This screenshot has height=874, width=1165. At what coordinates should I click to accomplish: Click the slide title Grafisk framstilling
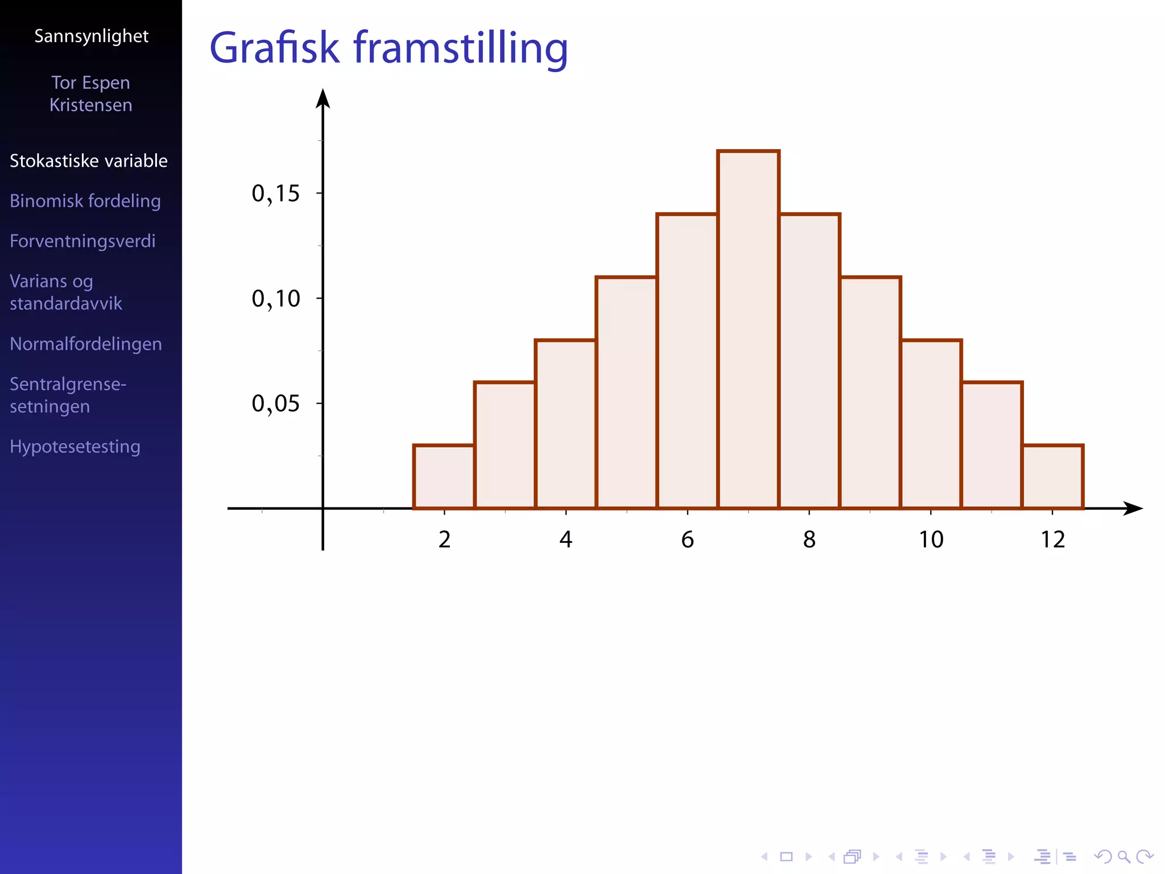point(389,48)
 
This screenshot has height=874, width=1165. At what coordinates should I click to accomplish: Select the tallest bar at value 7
point(748,330)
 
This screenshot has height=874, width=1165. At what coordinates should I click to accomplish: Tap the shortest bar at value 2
point(444,477)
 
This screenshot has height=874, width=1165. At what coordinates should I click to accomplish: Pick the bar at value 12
point(1052,477)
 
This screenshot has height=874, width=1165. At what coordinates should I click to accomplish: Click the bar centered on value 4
point(565,424)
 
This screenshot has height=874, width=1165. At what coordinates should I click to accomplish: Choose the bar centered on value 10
point(931,424)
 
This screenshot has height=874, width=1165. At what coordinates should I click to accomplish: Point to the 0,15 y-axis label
point(275,194)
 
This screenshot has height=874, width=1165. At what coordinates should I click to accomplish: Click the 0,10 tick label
point(275,299)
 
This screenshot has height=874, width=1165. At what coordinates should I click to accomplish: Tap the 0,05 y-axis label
point(275,404)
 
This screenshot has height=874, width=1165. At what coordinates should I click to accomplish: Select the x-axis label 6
point(687,539)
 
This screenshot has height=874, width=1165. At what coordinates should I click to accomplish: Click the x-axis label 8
point(809,539)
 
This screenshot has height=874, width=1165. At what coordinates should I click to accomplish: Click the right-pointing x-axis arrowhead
point(1133,508)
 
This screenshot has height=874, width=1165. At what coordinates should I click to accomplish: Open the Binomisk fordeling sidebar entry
point(85,201)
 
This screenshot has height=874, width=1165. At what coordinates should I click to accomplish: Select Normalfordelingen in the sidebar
point(86,344)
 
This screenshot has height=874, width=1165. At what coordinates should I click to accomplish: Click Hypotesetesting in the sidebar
point(75,447)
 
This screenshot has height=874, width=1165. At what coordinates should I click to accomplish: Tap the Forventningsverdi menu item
point(82,241)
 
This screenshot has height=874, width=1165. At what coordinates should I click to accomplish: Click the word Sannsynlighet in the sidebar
point(91,36)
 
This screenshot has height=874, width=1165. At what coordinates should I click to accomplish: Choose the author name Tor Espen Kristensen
point(91,94)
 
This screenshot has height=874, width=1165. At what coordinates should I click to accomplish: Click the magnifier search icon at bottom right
point(1123,856)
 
